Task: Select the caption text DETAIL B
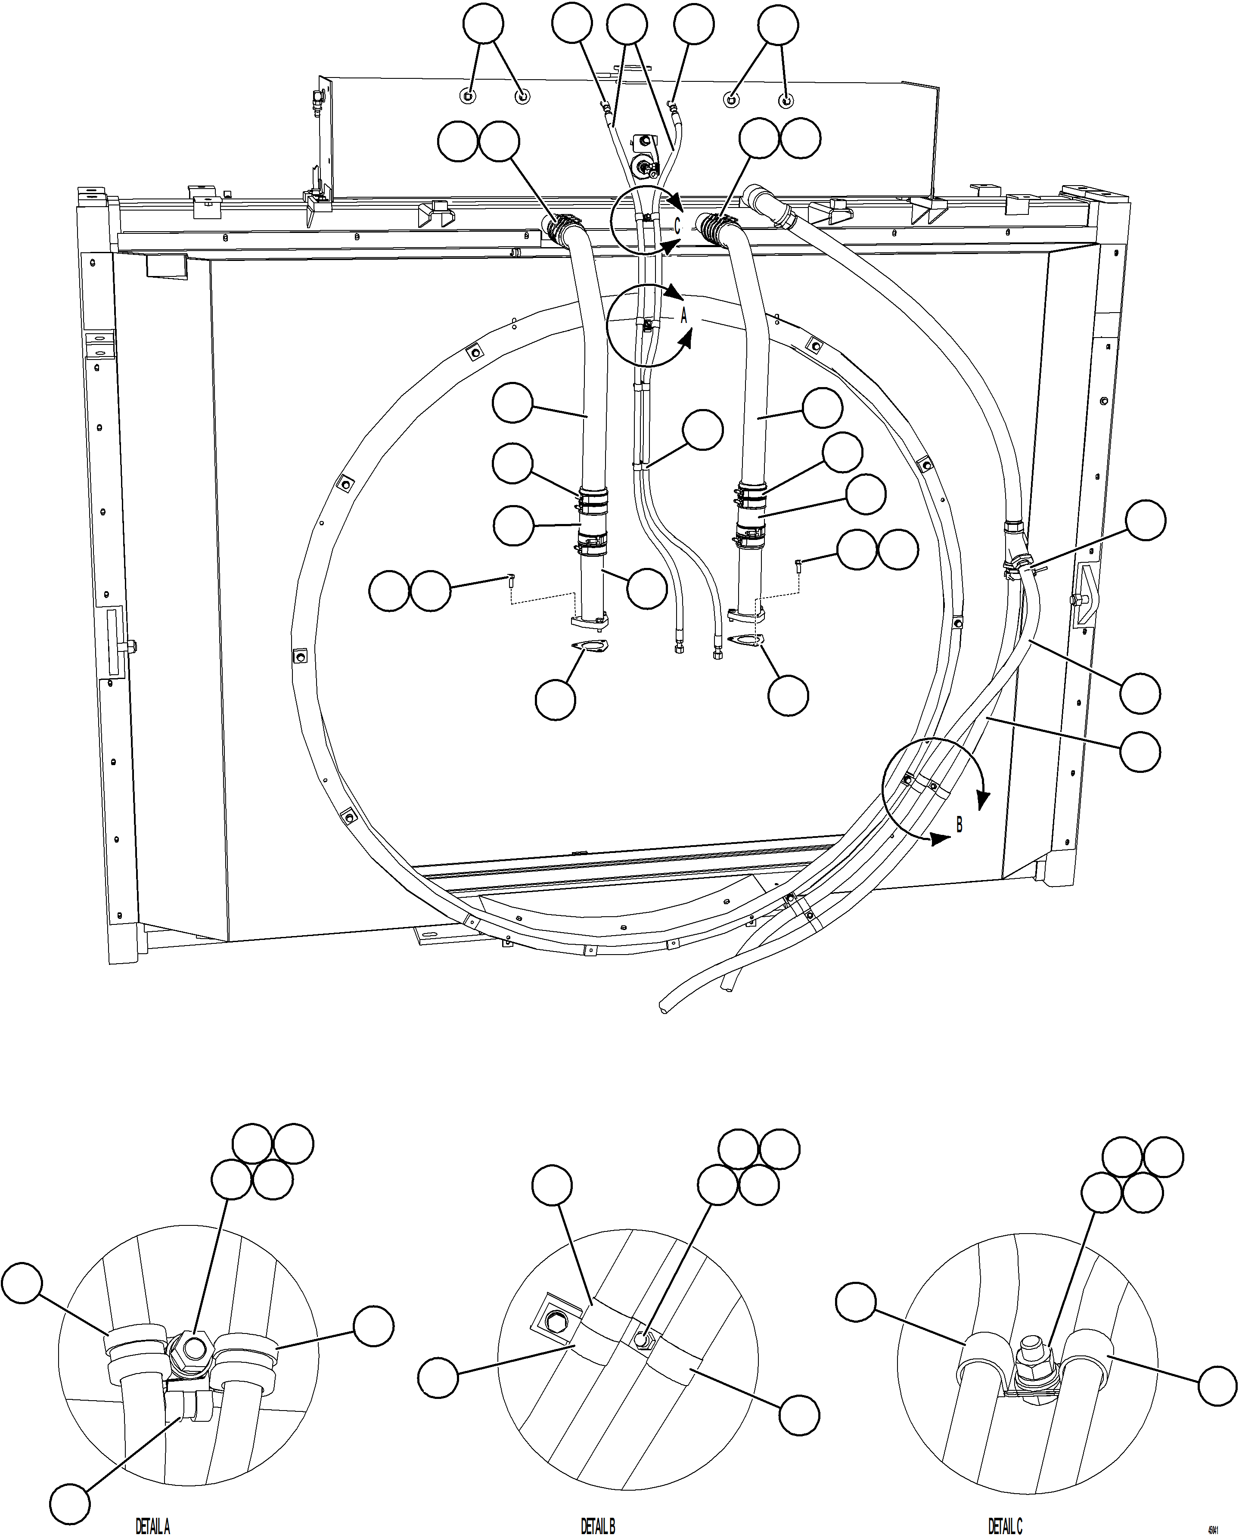click(597, 1526)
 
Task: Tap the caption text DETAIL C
click(1005, 1526)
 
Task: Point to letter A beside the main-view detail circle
click(684, 316)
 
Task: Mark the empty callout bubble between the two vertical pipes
click(702, 430)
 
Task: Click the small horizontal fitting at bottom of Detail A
click(191, 1403)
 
